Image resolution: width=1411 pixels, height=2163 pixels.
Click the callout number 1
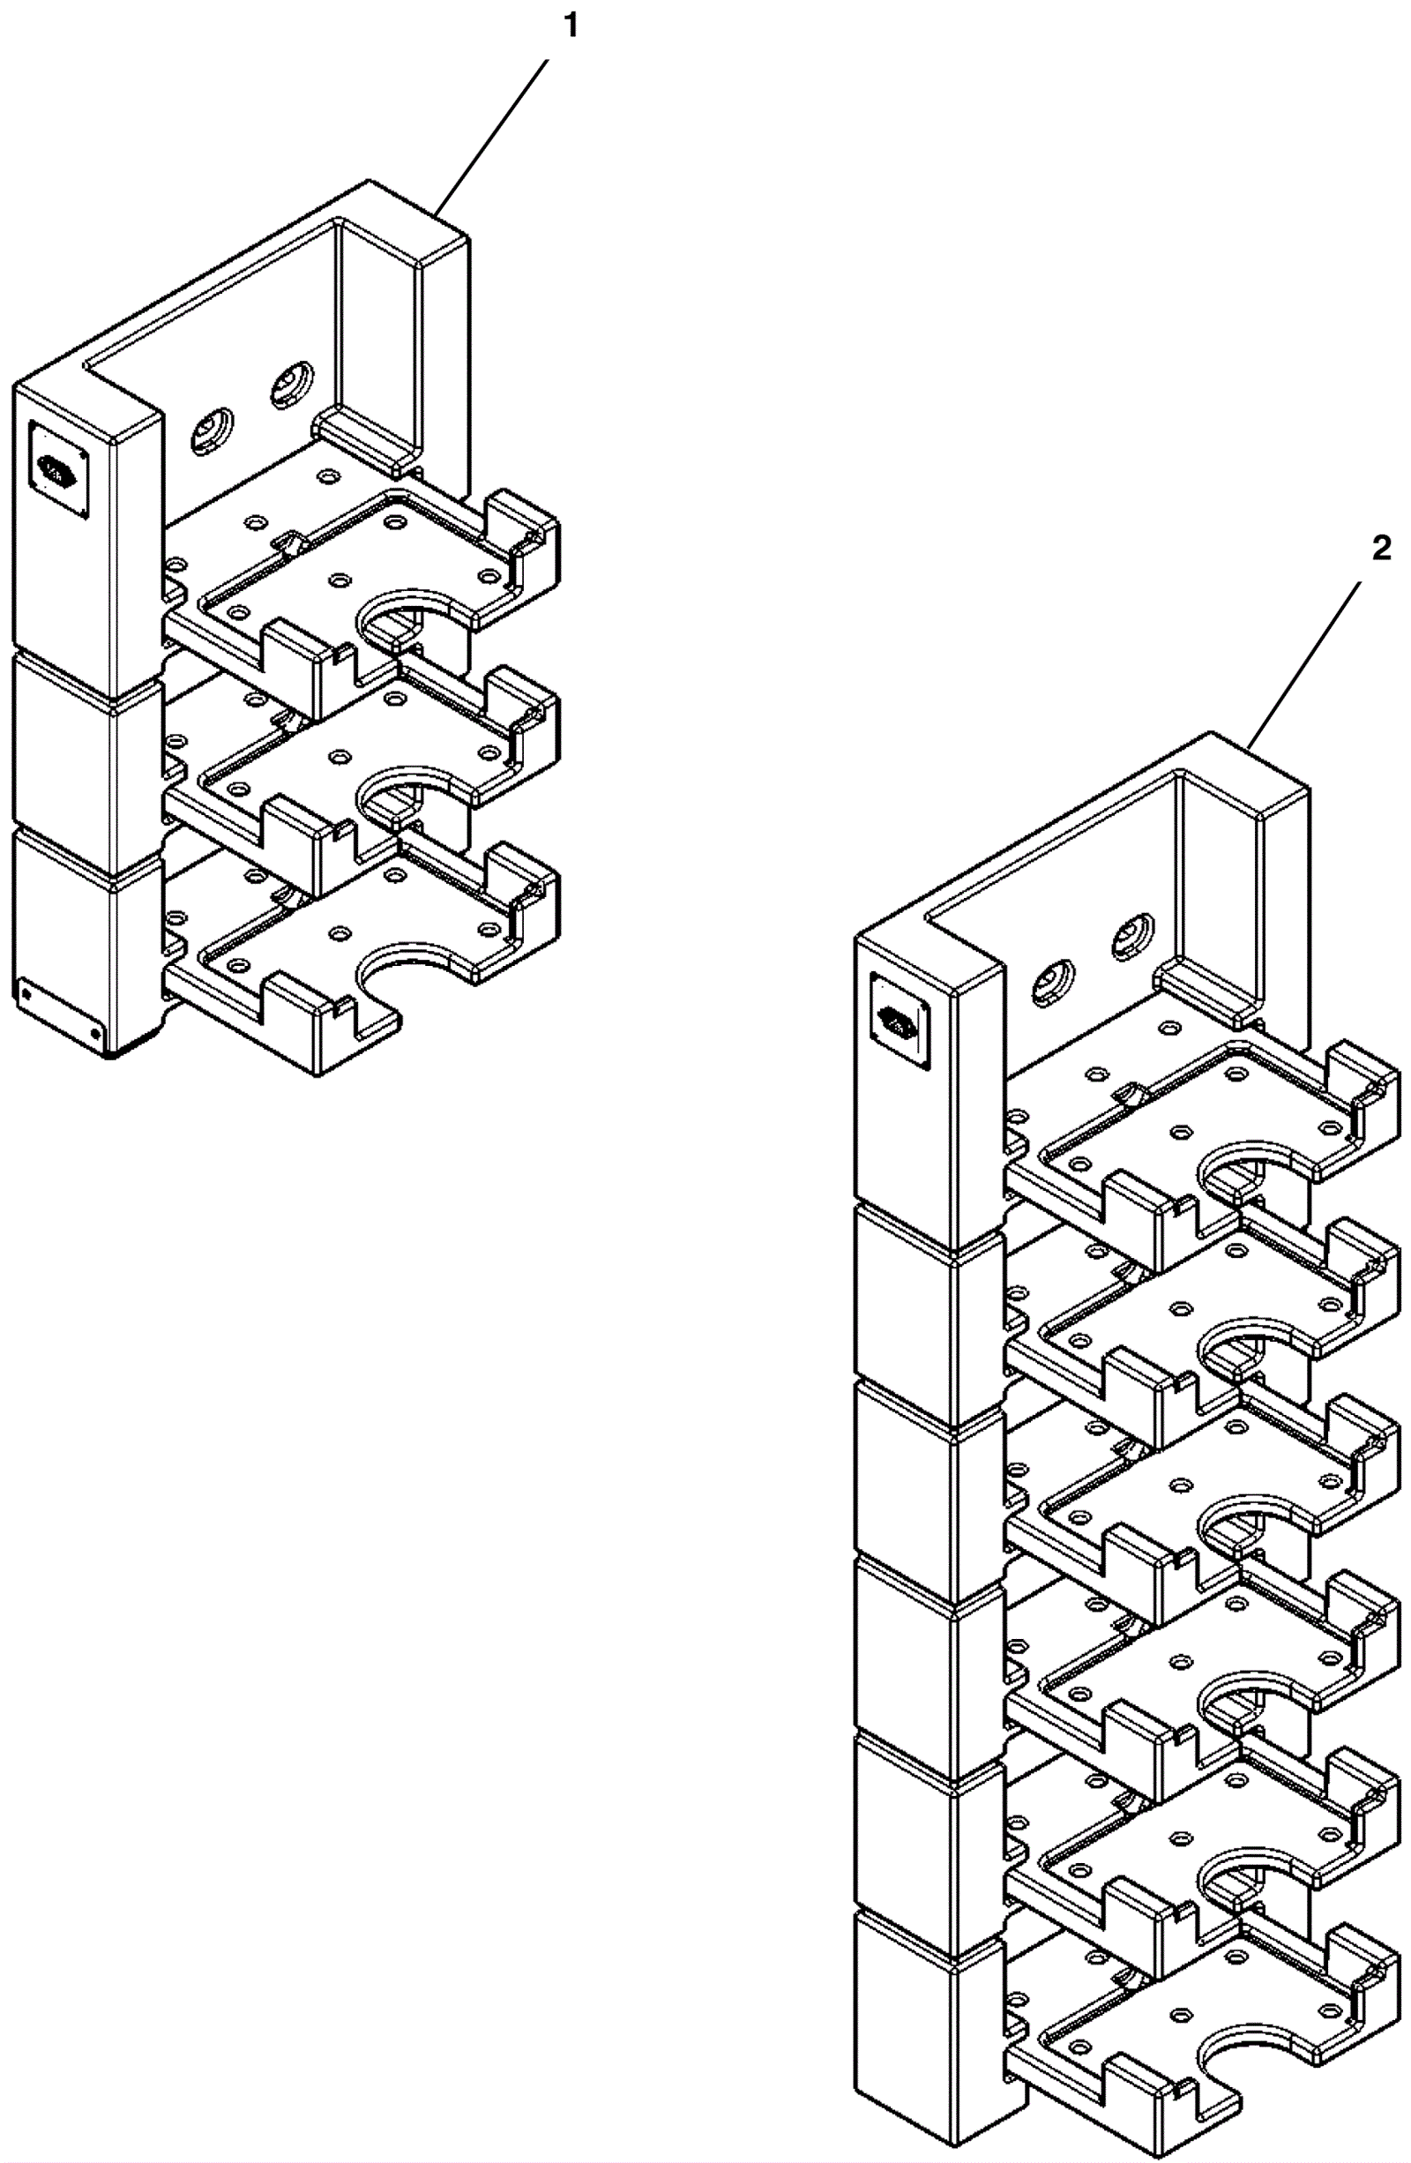tap(570, 27)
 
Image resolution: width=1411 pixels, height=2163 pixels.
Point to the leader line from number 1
tap(492, 136)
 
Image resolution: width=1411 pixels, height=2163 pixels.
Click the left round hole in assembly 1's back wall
tap(211, 430)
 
